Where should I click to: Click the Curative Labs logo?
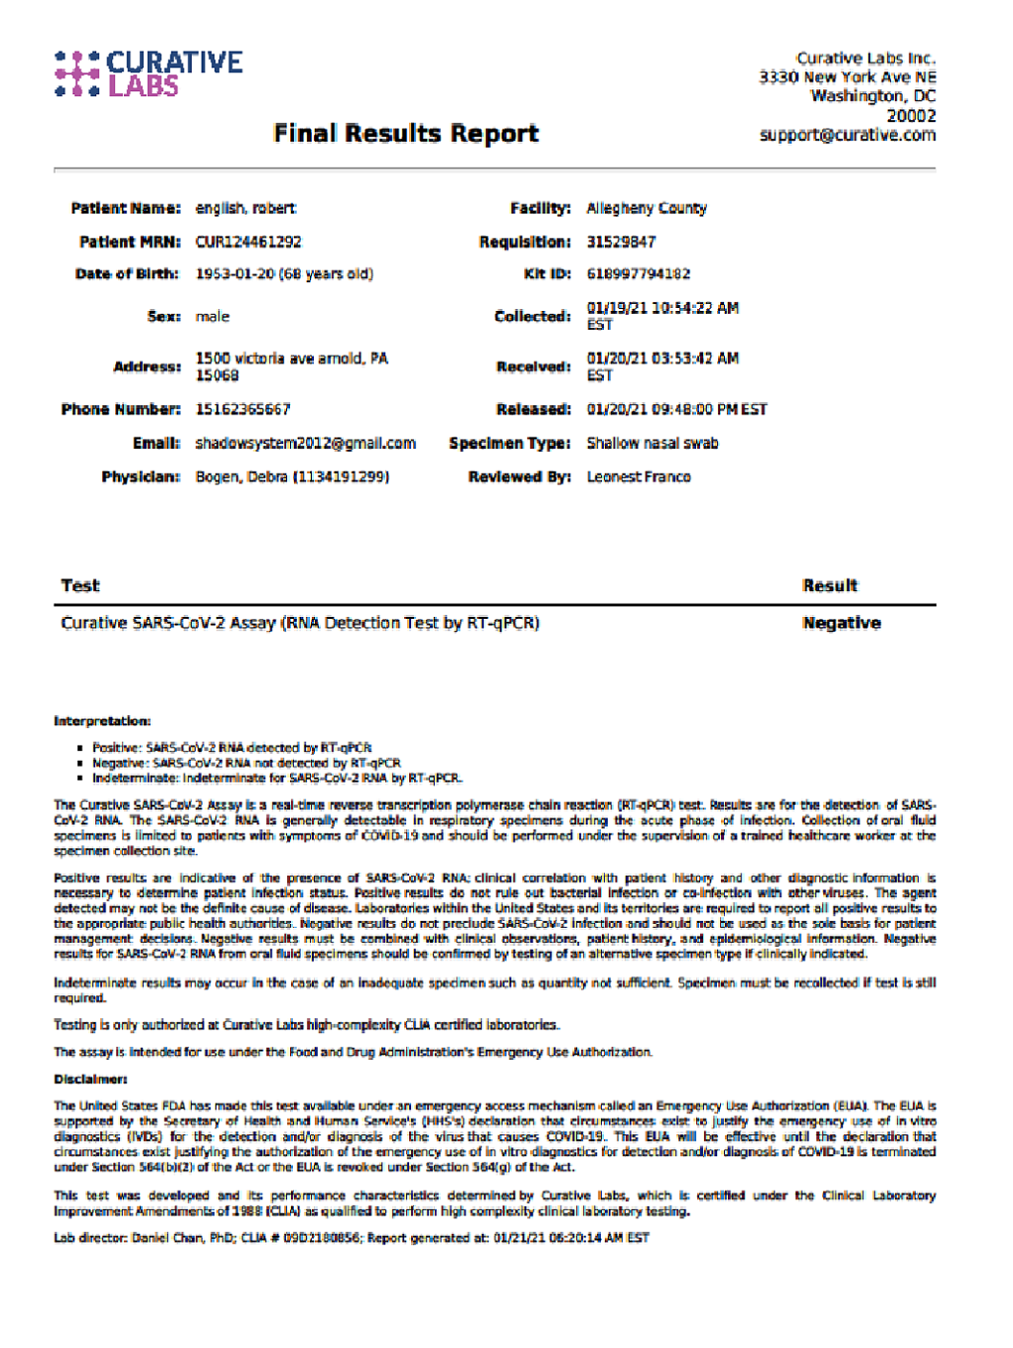[x=149, y=75]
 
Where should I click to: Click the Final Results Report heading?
[x=405, y=133]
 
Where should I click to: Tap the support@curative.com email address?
[x=847, y=135]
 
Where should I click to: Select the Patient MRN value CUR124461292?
[x=248, y=241]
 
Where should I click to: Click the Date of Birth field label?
[x=127, y=274]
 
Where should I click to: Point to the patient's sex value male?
[x=213, y=317]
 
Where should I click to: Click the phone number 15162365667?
[x=243, y=409]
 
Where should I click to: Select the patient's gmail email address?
[x=306, y=443]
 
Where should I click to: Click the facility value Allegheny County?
[x=647, y=209]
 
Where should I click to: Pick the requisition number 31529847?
[x=621, y=241]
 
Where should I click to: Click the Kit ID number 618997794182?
[x=639, y=274]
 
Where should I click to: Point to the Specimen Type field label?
[x=509, y=443]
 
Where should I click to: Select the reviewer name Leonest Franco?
[x=639, y=477]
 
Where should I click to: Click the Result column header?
[x=830, y=585]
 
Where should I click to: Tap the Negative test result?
[x=841, y=623]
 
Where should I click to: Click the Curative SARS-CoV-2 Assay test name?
[x=300, y=623]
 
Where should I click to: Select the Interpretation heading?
[x=102, y=721]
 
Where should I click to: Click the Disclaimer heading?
[x=90, y=1079]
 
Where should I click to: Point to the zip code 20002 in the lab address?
[x=911, y=116]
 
